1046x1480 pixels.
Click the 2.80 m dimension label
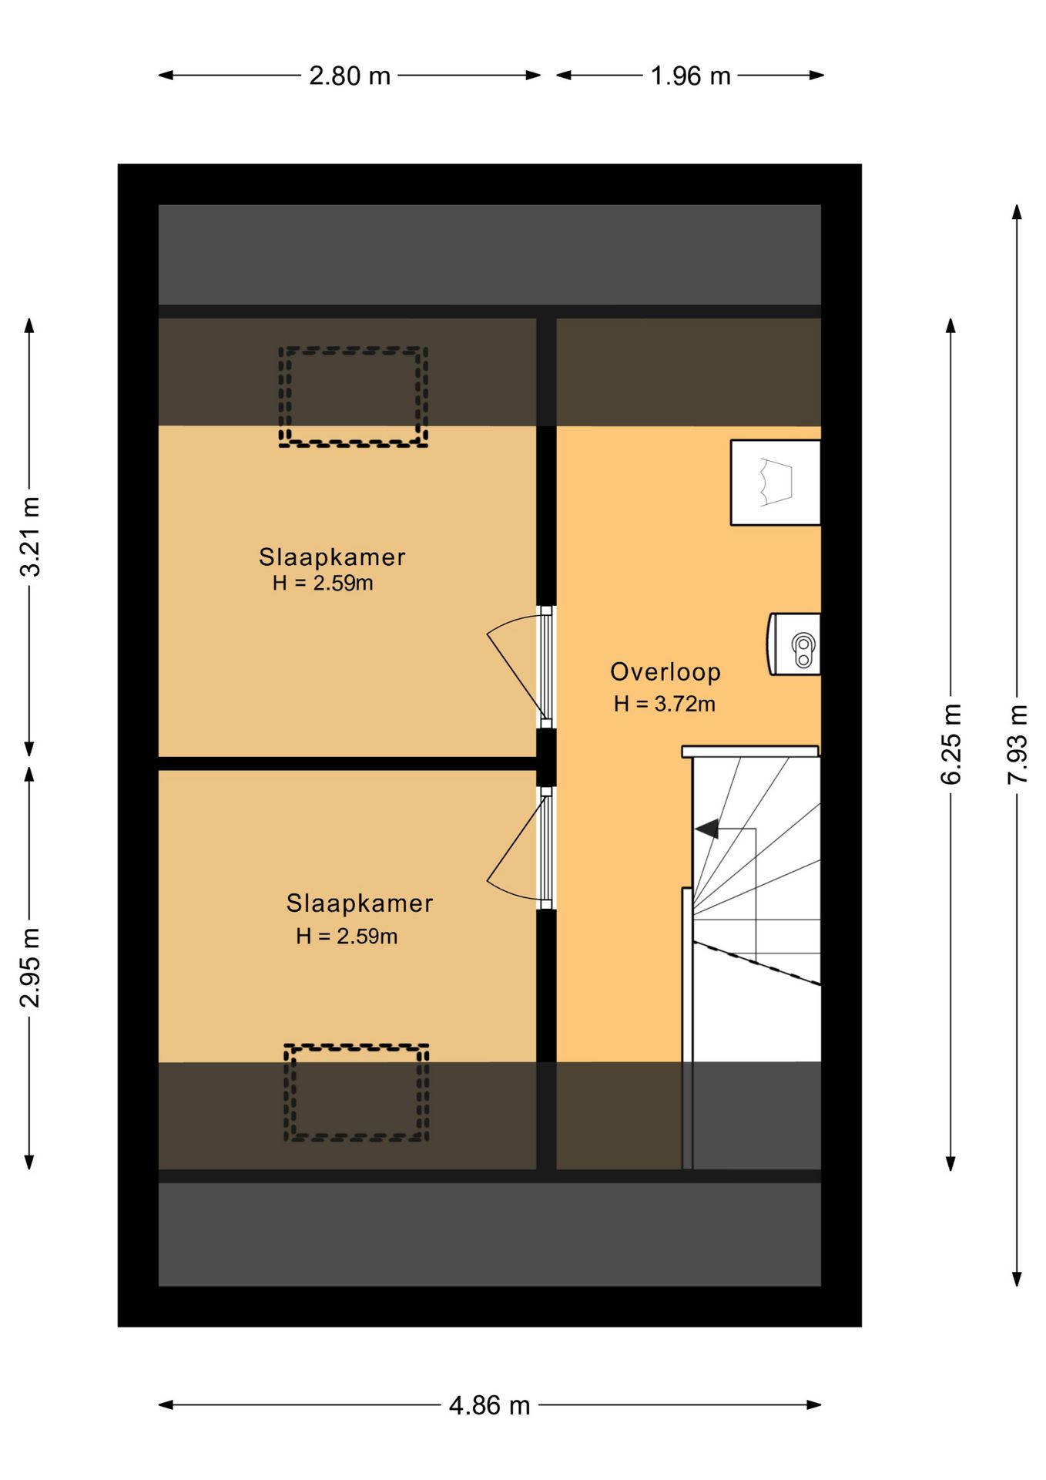350,76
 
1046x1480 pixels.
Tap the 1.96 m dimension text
690,76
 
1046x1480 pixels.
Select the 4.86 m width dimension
490,1405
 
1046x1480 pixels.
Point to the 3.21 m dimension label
30,536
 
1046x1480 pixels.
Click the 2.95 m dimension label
30,967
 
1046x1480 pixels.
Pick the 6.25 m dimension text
951,744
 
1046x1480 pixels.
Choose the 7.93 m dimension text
1018,744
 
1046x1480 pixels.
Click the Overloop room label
665,672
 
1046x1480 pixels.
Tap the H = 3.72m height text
665,704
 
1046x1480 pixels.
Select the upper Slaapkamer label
332,557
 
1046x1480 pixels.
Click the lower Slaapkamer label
360,903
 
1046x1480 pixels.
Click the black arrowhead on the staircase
707,829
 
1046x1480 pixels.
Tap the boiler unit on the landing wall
793,644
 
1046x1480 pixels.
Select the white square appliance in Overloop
776,483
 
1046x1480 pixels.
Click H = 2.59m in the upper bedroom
323,583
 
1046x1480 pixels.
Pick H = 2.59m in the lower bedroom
347,936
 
